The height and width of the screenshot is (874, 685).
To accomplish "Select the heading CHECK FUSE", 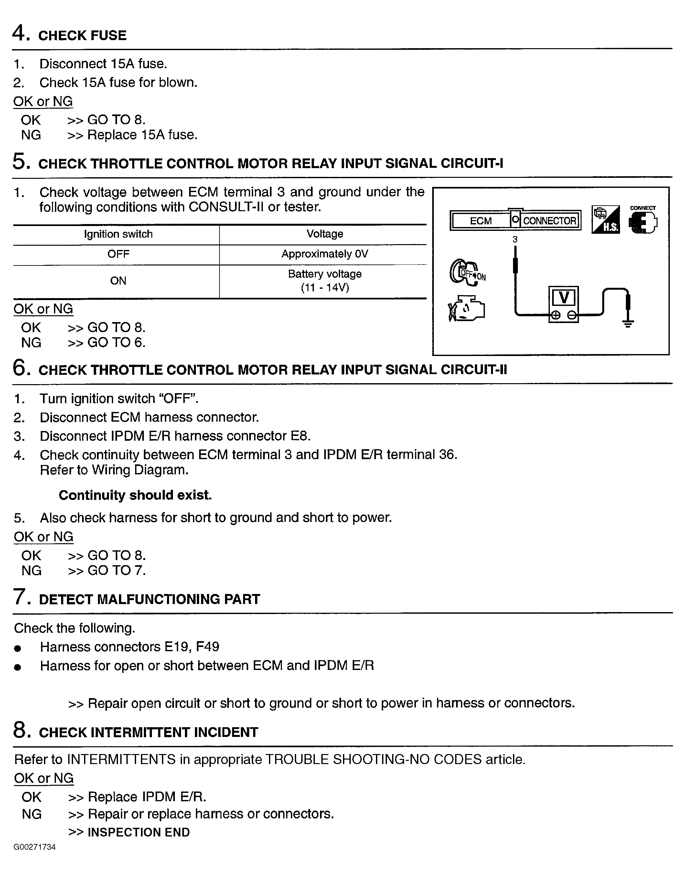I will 82,35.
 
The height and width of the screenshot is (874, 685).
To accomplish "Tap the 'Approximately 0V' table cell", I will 325,254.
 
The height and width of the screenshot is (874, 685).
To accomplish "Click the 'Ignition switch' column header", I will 118,234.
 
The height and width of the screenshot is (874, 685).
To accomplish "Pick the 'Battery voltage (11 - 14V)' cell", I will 325,281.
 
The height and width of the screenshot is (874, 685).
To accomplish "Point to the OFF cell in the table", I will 118,254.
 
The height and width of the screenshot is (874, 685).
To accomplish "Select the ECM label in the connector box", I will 480,221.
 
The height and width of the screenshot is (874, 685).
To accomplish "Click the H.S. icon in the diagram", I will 605,220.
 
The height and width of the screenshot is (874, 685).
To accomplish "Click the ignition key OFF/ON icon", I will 466,273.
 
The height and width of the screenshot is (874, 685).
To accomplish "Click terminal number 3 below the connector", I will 515,240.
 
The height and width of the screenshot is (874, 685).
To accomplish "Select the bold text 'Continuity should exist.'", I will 135,495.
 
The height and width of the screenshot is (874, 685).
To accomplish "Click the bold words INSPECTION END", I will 138,832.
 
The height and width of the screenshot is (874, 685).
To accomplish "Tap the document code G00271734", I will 35,847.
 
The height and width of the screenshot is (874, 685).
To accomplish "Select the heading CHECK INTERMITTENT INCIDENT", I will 148,732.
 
